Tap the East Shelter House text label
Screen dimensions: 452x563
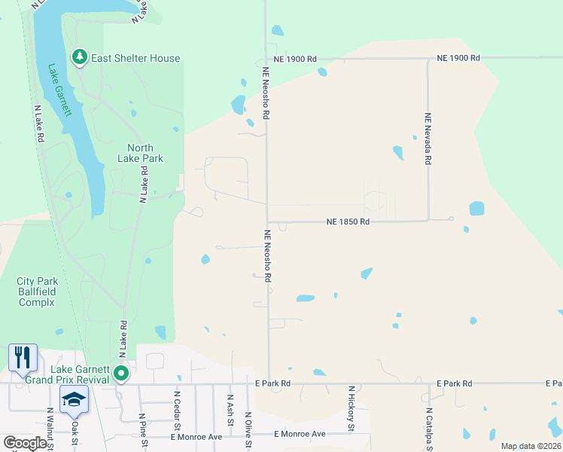135,58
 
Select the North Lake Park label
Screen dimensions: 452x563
140,153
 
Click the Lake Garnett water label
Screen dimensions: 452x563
59,90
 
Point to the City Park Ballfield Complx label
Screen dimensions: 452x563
37,292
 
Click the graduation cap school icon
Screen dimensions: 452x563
74,399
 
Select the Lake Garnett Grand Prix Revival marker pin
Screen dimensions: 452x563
121,372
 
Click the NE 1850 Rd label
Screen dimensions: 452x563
348,221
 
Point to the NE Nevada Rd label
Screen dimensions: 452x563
428,139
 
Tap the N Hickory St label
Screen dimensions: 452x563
351,409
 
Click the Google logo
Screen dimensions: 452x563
25,442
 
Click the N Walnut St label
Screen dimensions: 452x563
49,430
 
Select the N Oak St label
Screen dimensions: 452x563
75,430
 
